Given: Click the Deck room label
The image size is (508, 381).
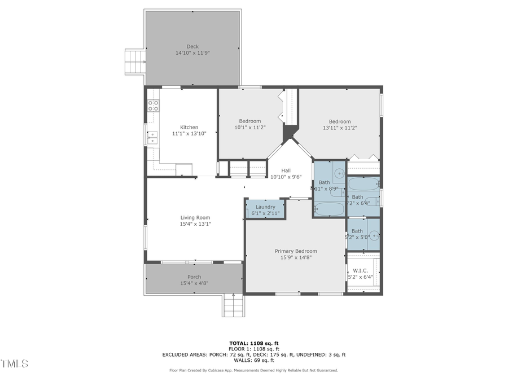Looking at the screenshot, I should [192, 46].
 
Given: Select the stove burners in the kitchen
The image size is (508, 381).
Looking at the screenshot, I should [153, 106].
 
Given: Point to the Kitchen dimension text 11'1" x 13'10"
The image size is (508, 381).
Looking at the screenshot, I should [189, 134].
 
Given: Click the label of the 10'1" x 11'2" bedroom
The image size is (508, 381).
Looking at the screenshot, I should [249, 121].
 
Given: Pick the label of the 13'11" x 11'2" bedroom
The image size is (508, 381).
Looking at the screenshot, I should [340, 121].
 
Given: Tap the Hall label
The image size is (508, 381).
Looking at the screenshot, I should [286, 170].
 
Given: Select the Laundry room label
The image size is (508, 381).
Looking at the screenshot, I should [265, 207].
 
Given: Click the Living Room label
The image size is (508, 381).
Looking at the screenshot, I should [195, 217].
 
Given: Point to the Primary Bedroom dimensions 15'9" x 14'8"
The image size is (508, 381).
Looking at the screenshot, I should [296, 257].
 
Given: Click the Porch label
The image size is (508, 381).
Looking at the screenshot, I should [194, 277].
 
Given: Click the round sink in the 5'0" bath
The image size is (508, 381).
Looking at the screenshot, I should [374, 234].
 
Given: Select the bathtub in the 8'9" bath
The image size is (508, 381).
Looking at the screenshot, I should [329, 209].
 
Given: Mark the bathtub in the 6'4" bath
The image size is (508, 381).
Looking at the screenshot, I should [363, 185].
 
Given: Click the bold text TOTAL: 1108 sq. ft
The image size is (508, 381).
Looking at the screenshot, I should [253, 343].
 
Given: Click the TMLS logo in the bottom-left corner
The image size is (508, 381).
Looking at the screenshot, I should [15, 364].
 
